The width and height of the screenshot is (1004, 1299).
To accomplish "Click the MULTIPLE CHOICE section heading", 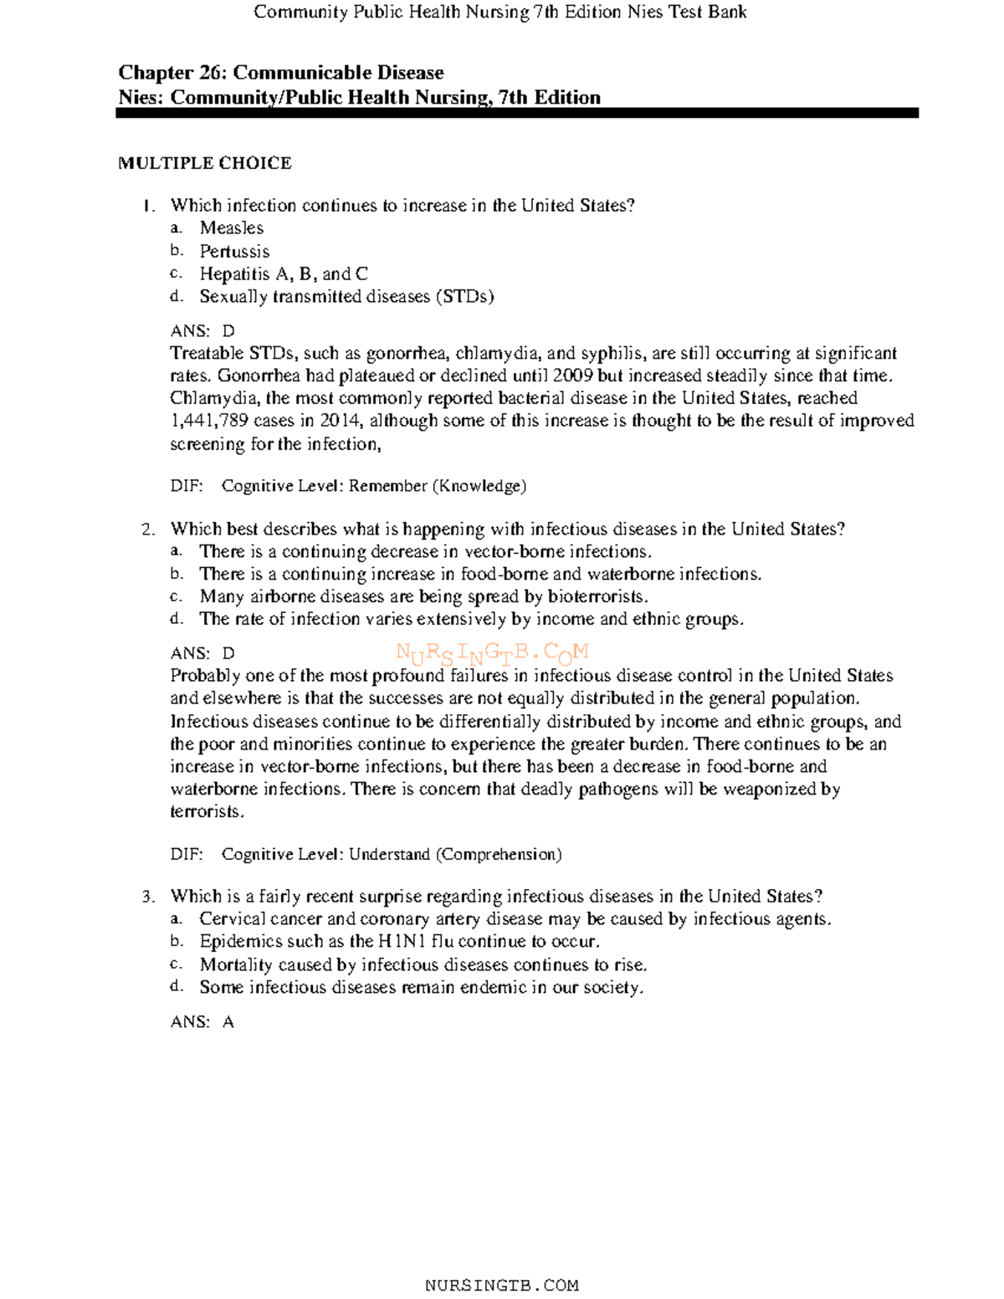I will (204, 163).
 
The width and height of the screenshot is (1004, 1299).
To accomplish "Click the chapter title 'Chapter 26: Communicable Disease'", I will (280, 73).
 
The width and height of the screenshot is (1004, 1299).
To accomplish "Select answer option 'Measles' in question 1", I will (231, 228).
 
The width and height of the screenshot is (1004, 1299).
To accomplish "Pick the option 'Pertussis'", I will (234, 251).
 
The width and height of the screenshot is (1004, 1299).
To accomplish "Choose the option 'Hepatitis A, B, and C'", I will (283, 274).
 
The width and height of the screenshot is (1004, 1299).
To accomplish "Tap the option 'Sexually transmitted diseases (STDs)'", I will (346, 297).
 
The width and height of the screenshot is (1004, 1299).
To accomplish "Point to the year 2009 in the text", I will (573, 376).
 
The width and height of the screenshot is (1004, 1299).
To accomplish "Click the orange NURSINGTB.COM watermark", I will (492, 652).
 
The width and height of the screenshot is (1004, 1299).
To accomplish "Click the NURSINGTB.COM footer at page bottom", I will (501, 1285).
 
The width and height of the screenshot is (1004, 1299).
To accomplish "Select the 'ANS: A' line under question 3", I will (202, 1021).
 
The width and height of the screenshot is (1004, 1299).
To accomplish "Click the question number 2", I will (148, 529).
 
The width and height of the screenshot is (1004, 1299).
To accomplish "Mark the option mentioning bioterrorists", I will (423, 596).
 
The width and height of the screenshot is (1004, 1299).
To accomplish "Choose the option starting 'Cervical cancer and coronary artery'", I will (515, 919).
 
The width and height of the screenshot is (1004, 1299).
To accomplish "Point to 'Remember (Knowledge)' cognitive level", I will (437, 486).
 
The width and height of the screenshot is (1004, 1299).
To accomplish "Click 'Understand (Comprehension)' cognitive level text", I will (454, 854).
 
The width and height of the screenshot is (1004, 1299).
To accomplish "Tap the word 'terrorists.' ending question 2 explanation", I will (207, 811).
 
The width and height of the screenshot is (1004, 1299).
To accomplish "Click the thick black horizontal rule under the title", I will (516, 113).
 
